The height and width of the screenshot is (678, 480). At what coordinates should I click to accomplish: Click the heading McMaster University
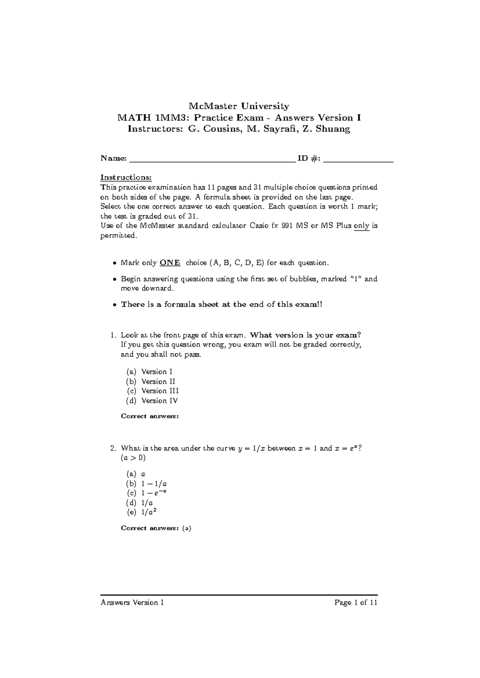(x=239, y=106)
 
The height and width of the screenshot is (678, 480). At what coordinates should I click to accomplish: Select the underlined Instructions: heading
(x=126, y=177)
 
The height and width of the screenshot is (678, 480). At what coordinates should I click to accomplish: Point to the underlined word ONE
(x=170, y=263)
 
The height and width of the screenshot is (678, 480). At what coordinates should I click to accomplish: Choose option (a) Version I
(x=149, y=372)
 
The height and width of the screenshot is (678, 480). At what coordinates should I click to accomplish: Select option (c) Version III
(x=152, y=391)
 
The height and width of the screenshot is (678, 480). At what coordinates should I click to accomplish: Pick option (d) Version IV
(x=152, y=401)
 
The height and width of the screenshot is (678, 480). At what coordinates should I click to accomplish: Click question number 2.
(x=114, y=449)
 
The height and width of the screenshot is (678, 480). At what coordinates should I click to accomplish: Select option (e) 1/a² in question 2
(x=144, y=512)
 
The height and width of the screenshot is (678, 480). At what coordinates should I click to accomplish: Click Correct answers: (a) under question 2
(x=156, y=528)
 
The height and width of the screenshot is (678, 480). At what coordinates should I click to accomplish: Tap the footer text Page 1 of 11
(x=356, y=603)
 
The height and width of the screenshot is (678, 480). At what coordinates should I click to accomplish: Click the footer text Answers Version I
(x=132, y=603)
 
